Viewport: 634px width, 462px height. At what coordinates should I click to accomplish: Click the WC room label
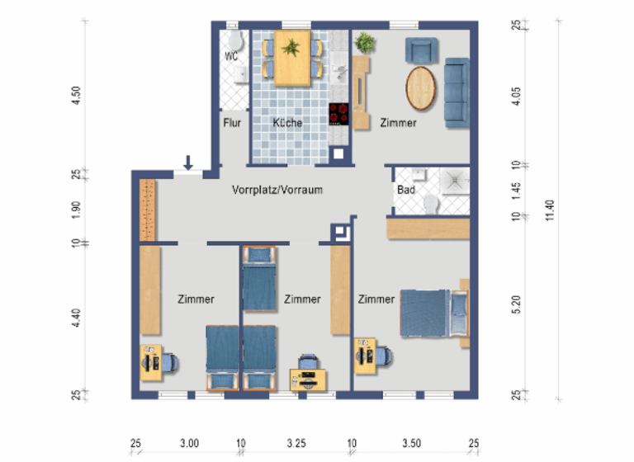click(x=231, y=57)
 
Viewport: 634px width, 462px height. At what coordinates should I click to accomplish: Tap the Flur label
click(x=232, y=123)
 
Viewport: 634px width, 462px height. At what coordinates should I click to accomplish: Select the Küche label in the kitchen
click(x=287, y=123)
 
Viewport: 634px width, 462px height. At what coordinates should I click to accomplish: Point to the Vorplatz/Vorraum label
click(x=277, y=190)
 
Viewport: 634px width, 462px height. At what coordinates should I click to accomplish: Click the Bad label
click(x=405, y=190)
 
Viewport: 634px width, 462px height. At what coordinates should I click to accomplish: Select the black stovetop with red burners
click(x=339, y=114)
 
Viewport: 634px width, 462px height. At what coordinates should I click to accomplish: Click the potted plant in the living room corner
click(x=364, y=41)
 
